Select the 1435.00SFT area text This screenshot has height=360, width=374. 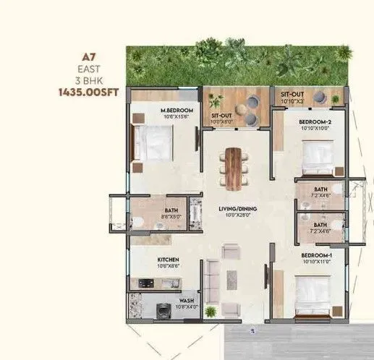(82, 93)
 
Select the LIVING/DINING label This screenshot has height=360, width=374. (237, 210)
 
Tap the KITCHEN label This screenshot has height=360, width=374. (169, 260)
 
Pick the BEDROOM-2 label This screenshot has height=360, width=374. (315, 122)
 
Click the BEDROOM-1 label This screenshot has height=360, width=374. (315, 256)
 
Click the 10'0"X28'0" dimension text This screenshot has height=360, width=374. (237, 216)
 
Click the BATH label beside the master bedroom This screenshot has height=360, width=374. (171, 208)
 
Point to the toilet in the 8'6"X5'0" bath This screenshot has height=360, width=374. (139, 220)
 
